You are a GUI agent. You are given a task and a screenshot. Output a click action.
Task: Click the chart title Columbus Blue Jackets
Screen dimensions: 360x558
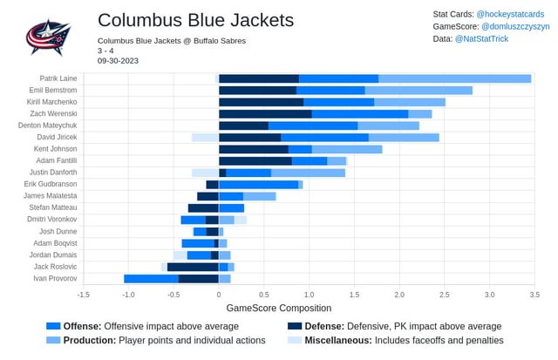click(x=195, y=20)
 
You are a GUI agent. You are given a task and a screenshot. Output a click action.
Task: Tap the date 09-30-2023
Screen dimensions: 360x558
click(x=118, y=61)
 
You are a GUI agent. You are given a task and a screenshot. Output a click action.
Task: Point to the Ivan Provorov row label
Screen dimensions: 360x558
click(x=56, y=278)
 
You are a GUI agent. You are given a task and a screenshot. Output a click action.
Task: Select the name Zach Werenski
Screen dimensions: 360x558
click(x=54, y=114)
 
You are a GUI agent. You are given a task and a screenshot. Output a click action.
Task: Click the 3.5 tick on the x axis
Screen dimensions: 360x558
click(x=534, y=295)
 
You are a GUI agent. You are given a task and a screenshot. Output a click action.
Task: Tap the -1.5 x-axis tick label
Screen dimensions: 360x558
click(x=83, y=295)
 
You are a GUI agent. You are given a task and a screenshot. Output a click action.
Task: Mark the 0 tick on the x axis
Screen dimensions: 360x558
click(x=219, y=295)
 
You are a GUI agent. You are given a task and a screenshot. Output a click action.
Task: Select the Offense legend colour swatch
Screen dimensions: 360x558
click(x=52, y=325)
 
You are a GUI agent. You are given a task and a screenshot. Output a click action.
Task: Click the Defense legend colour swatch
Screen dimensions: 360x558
click(x=294, y=325)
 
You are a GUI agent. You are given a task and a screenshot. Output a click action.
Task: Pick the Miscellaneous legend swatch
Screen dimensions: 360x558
click(x=294, y=340)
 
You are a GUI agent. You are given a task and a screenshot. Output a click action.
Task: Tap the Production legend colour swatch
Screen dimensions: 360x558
click(x=52, y=340)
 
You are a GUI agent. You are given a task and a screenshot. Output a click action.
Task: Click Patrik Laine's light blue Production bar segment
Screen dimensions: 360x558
click(x=454, y=78)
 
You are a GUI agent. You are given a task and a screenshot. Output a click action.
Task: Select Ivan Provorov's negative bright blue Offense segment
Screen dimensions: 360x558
click(x=151, y=278)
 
